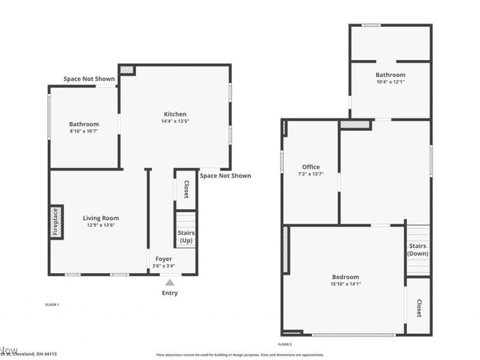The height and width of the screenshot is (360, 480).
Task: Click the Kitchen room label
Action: tap(175, 114)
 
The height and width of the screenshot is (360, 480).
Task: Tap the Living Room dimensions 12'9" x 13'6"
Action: tap(101, 226)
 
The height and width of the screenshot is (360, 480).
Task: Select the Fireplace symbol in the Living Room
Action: tap(56, 223)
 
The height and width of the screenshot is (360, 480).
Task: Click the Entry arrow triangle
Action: tap(170, 282)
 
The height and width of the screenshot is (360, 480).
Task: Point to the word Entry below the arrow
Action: tap(170, 293)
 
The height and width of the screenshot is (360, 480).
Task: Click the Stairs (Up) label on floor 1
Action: tap(186, 236)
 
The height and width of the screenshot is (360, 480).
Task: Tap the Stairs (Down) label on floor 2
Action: tap(418, 250)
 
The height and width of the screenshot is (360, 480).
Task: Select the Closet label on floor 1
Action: tap(186, 190)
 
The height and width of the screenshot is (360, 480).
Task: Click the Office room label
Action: tap(311, 167)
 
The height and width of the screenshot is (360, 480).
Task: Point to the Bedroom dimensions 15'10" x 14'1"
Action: tap(346, 284)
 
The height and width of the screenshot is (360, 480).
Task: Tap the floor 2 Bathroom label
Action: tap(390, 75)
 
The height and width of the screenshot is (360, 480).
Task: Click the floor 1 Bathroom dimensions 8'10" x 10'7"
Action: tap(83, 131)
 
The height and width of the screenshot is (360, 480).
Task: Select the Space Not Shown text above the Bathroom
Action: tap(89, 79)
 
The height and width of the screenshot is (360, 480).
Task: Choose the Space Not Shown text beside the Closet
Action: tap(226, 176)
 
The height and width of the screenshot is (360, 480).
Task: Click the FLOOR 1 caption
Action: tap(52, 305)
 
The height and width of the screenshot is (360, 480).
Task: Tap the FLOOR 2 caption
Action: tap(284, 344)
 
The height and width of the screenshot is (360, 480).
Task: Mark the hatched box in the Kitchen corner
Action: tap(127, 70)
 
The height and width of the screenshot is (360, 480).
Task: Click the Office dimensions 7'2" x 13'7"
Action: tap(311, 174)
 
